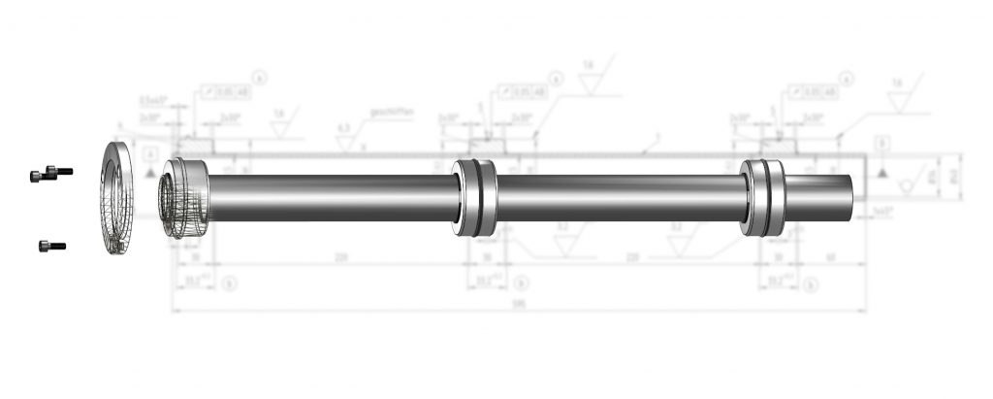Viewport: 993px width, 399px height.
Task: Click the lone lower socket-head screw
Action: tap(51, 247)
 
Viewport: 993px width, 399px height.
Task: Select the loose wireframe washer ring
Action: tap(119, 199)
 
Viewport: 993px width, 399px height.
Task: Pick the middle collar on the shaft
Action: tap(476, 197)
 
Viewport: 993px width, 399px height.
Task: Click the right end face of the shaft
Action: tap(857, 188)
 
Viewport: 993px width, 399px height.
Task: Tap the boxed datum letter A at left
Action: tap(148, 154)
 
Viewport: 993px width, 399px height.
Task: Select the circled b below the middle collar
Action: tap(522, 283)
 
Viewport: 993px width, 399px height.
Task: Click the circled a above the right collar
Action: tap(849, 77)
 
